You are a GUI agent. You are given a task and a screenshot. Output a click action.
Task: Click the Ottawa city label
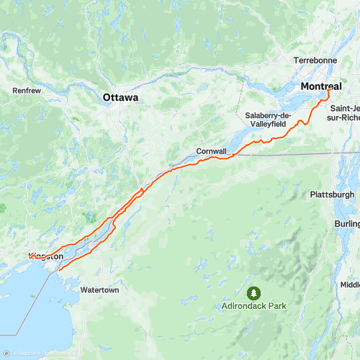pyautogui.click(x=120, y=96)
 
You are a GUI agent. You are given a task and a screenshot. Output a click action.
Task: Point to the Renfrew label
pyautogui.click(x=27, y=91)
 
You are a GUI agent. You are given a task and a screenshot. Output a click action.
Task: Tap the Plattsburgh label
pyautogui.click(x=332, y=194)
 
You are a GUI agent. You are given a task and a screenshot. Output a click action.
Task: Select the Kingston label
pyautogui.click(x=47, y=256)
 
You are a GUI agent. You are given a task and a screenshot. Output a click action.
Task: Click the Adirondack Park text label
pyautogui.click(x=253, y=306)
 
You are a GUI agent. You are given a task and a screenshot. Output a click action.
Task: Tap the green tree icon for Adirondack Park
pyautogui.click(x=253, y=293)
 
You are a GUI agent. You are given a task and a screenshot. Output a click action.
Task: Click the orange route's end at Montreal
pyautogui.click(x=328, y=91)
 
